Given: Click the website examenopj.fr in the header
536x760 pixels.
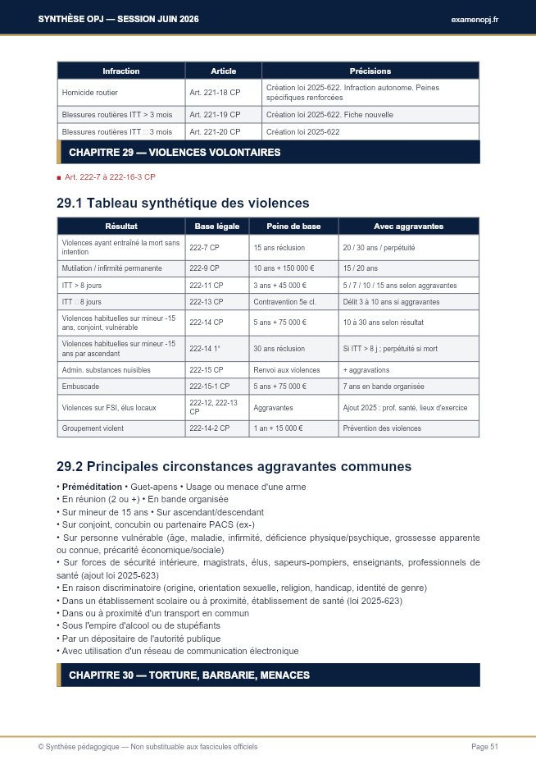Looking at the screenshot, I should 474,19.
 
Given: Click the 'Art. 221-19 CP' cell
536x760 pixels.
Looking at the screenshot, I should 215,114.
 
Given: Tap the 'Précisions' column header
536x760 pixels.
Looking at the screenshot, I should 370,71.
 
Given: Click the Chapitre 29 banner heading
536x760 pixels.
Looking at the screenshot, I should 175,152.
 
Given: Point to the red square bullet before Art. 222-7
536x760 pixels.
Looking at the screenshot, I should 59,177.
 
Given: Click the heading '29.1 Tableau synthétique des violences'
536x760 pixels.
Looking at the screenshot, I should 183,203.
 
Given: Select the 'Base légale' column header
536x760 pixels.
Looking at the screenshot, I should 216,226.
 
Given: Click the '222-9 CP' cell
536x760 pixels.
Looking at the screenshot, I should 204,268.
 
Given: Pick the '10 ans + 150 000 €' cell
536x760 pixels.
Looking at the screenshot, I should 284,268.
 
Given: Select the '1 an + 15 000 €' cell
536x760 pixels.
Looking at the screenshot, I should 279,428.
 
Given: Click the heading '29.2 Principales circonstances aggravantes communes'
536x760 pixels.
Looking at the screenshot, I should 234,466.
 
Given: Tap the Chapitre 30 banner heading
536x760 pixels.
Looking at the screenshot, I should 189,675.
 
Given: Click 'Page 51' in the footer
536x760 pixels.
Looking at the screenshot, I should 484,746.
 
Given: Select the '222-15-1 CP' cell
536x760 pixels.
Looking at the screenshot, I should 209,386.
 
